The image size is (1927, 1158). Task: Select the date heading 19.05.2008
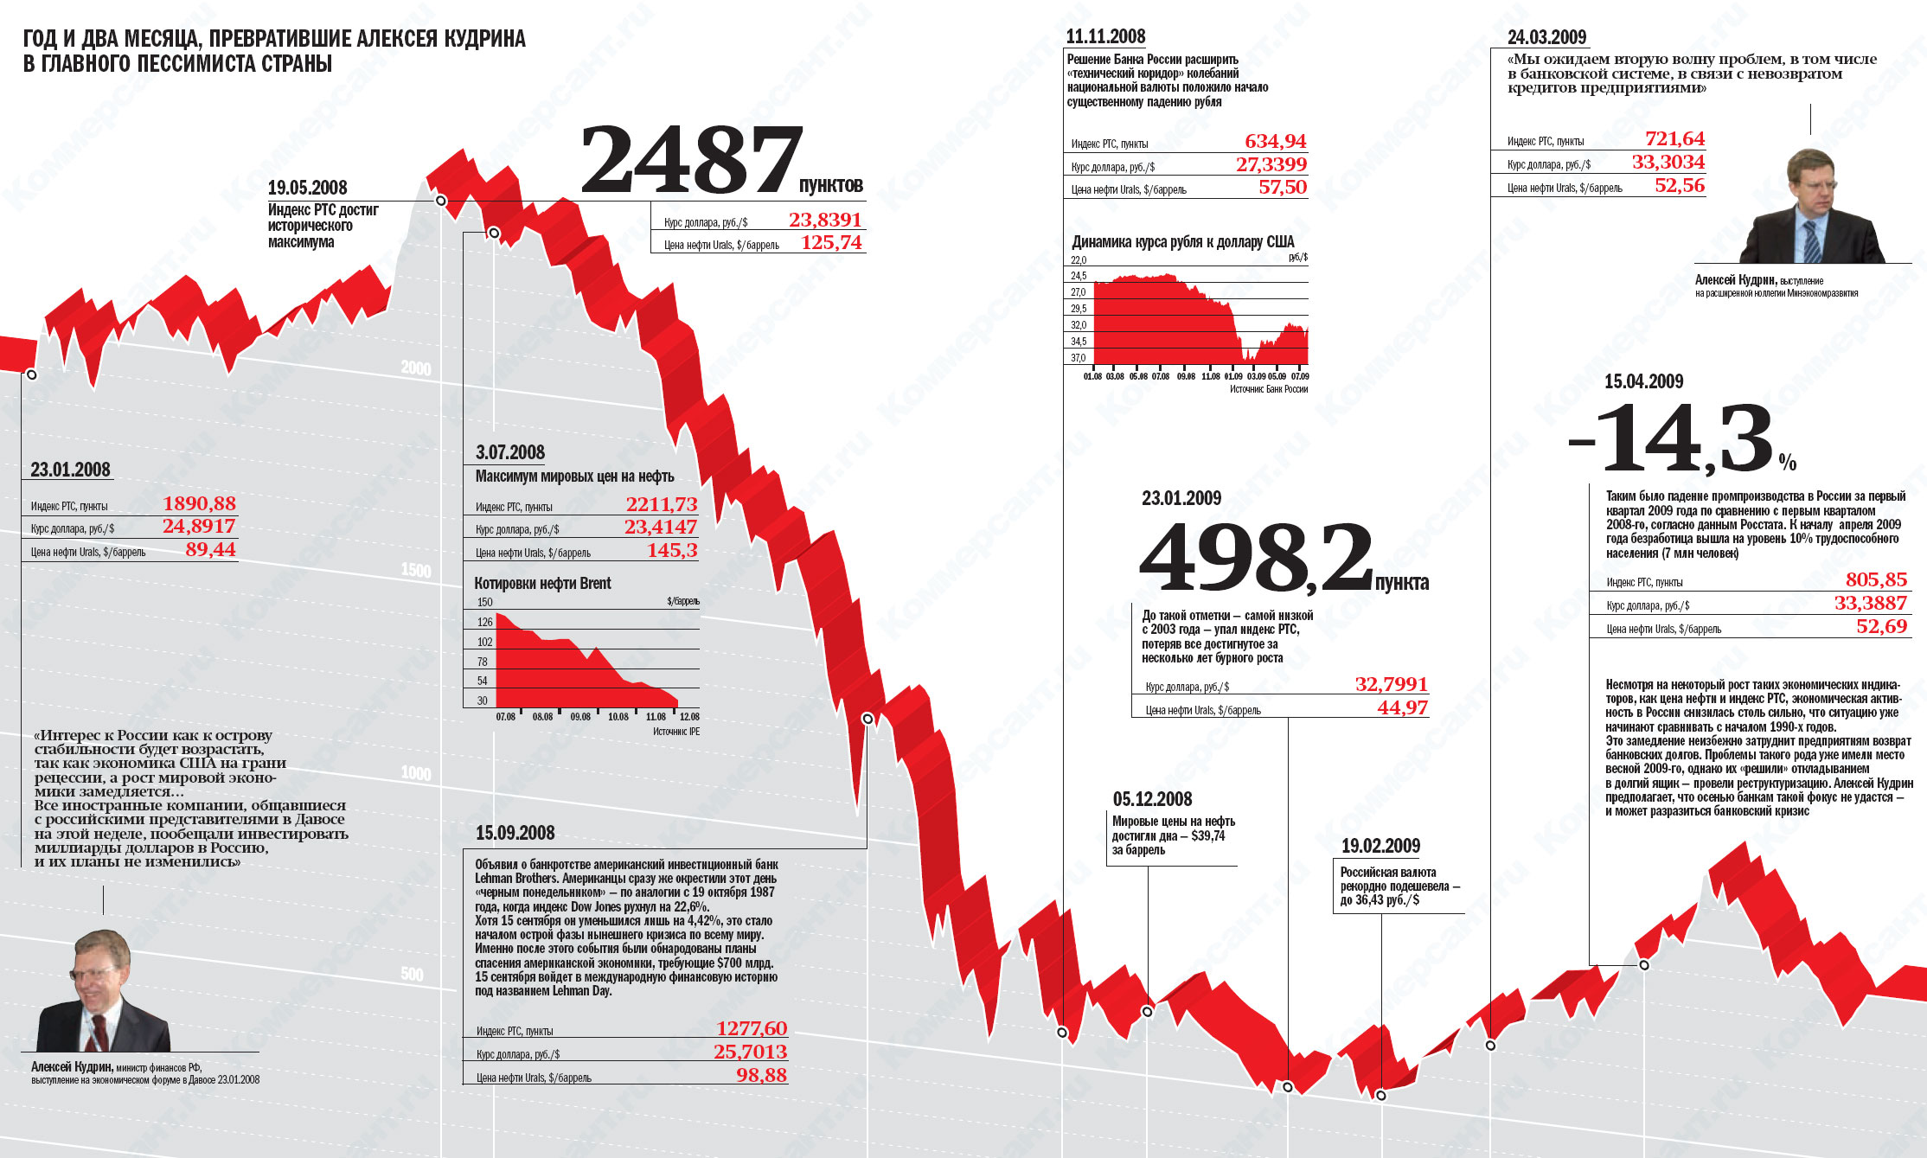point(307,188)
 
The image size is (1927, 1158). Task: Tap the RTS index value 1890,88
point(199,504)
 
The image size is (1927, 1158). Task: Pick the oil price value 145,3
point(672,551)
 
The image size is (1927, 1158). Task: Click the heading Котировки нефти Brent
point(542,584)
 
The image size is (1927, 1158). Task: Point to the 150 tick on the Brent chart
point(484,603)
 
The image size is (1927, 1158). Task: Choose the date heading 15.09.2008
point(515,834)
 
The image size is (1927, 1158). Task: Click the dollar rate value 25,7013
point(750,1052)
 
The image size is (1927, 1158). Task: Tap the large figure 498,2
point(1256,559)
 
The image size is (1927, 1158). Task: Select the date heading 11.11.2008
point(1105,36)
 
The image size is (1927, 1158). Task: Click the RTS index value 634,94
point(1275,142)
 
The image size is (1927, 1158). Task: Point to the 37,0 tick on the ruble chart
point(1078,358)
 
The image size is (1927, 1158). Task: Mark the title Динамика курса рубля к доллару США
point(1182,242)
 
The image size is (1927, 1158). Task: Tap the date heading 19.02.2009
point(1380,847)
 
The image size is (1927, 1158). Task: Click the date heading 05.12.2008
point(1152,800)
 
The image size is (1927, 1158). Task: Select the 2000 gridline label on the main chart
point(416,368)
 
